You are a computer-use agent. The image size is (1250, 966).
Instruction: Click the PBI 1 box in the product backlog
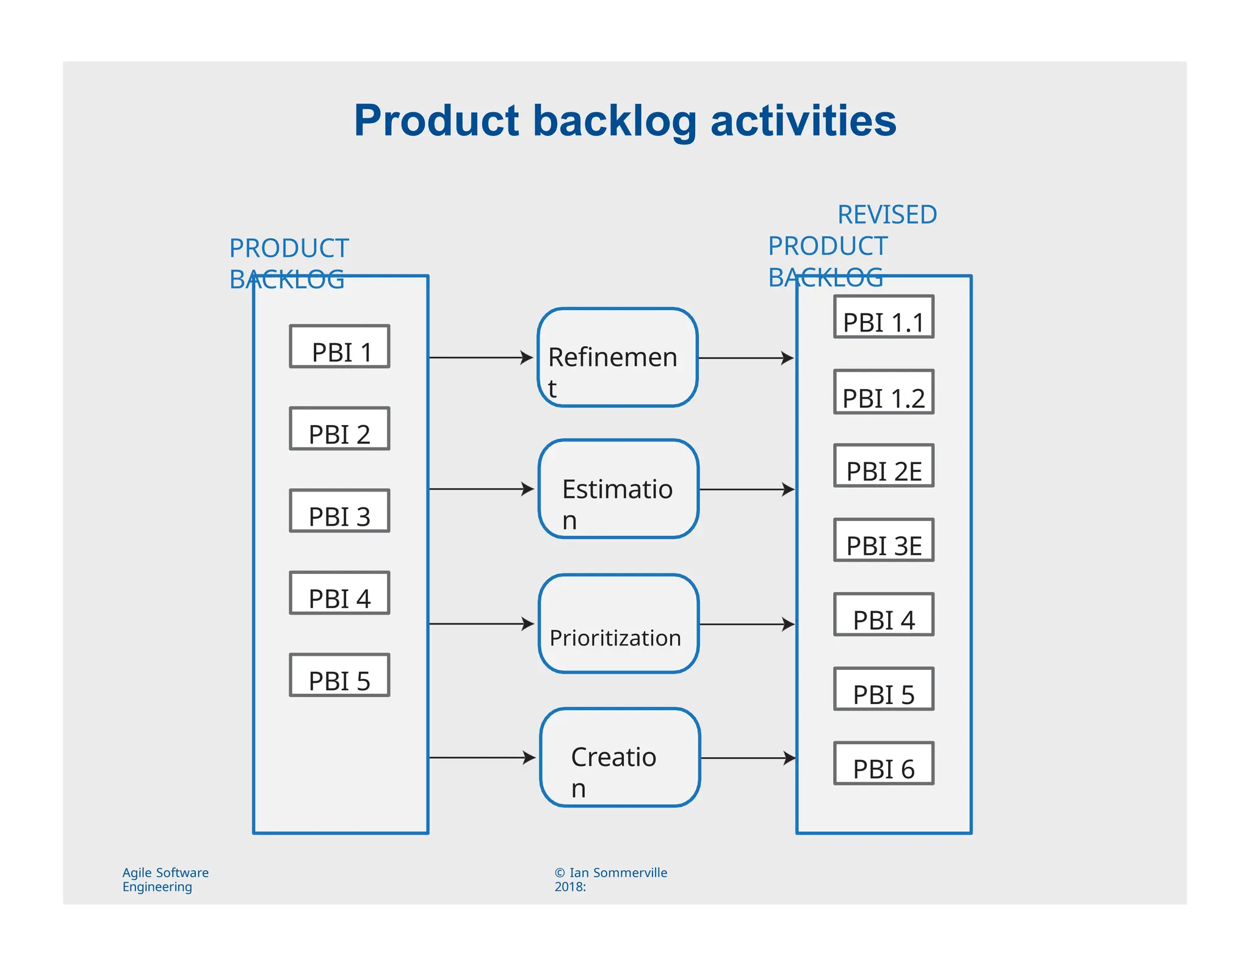(x=339, y=346)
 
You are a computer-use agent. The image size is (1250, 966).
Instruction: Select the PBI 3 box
(x=339, y=510)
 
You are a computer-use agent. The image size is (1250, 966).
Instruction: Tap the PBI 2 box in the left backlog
(x=339, y=429)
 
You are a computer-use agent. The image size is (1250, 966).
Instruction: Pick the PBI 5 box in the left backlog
(x=339, y=675)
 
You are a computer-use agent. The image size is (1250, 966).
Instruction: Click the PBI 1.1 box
(x=883, y=317)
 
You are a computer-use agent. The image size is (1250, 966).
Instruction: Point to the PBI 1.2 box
(x=883, y=391)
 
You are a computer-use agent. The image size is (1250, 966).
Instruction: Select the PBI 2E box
(x=883, y=466)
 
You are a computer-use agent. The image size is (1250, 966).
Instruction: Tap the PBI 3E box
(x=883, y=540)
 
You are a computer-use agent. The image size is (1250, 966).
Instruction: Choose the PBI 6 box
(x=883, y=763)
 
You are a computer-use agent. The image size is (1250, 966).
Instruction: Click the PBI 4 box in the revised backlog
(x=883, y=615)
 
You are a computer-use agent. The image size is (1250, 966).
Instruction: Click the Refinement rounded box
(x=618, y=357)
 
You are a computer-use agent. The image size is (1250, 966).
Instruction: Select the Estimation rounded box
(x=618, y=489)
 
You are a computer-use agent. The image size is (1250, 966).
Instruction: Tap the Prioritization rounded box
(x=618, y=623)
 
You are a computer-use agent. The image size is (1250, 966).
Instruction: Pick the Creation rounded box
(x=620, y=758)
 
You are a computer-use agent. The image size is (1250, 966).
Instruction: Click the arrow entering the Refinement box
(x=481, y=357)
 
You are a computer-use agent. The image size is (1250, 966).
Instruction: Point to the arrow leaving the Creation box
(x=748, y=758)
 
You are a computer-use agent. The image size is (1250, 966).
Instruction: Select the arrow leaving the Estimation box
(x=746, y=489)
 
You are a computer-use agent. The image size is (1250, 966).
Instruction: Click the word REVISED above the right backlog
(x=887, y=215)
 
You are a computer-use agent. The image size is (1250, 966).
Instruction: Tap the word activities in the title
(x=803, y=120)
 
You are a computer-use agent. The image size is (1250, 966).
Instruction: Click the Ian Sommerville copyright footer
(x=610, y=879)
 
